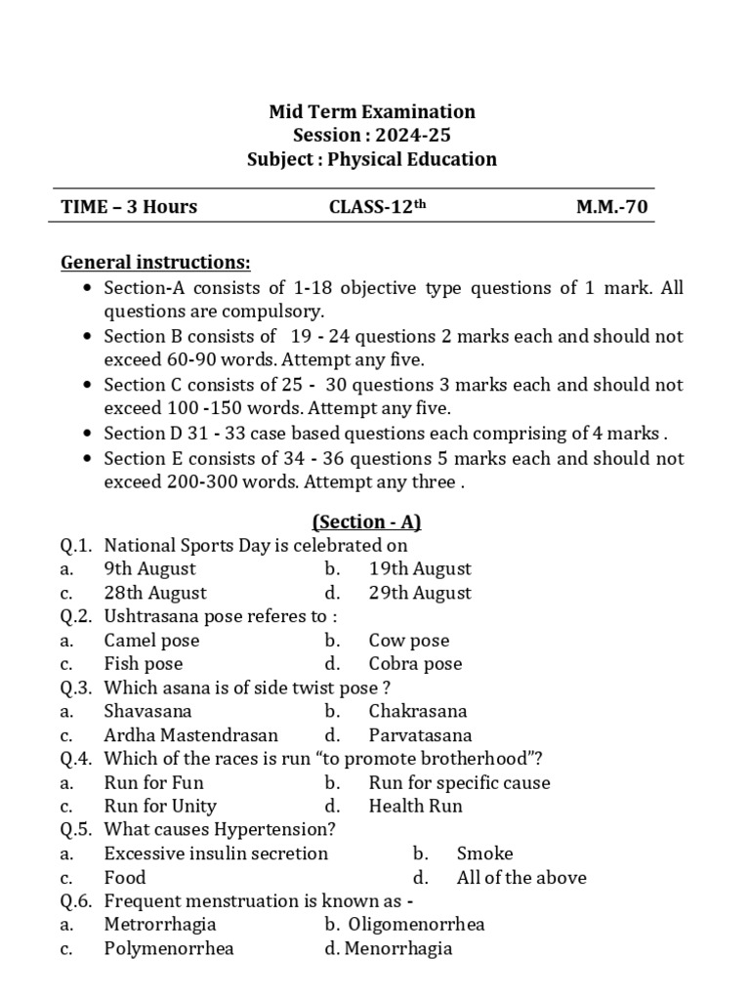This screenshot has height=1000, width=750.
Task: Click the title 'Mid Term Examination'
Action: click(x=372, y=112)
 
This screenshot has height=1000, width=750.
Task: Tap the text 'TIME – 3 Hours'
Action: click(x=129, y=206)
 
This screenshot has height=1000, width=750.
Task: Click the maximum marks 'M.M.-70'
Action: click(x=609, y=206)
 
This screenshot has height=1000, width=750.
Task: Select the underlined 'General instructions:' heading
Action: click(x=155, y=262)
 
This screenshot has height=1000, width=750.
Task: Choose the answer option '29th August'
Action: click(x=420, y=593)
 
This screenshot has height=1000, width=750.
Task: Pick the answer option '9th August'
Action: click(x=149, y=568)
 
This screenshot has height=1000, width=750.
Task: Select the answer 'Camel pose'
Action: click(x=151, y=641)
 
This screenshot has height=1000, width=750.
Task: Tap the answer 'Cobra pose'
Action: click(x=415, y=664)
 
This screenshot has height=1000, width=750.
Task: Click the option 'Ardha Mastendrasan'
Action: click(x=190, y=735)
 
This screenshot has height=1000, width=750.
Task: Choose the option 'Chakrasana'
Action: click(x=418, y=711)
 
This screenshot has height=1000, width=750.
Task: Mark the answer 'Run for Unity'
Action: click(x=160, y=807)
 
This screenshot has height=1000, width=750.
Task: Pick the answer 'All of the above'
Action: click(x=521, y=878)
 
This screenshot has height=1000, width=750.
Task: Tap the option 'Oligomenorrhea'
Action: click(x=427, y=925)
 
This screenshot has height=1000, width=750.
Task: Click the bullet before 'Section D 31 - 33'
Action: click(x=89, y=434)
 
